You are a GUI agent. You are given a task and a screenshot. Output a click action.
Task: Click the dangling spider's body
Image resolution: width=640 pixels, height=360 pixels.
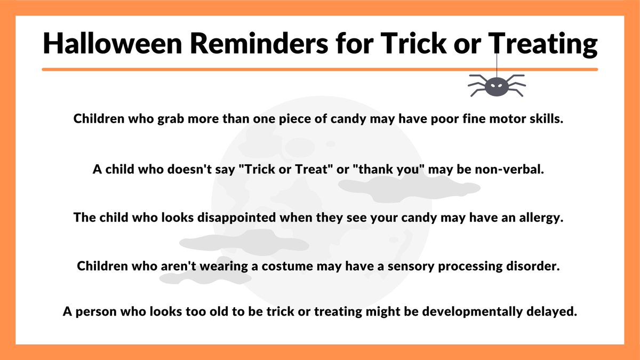pyautogui.click(x=497, y=85)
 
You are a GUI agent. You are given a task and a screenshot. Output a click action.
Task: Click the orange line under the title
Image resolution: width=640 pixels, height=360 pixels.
pyautogui.click(x=319, y=69)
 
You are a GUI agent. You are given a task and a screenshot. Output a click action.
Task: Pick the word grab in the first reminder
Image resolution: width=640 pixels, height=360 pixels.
pyautogui.click(x=171, y=119)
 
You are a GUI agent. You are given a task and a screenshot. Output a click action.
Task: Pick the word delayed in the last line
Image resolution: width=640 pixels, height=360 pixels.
pyautogui.click(x=554, y=311)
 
